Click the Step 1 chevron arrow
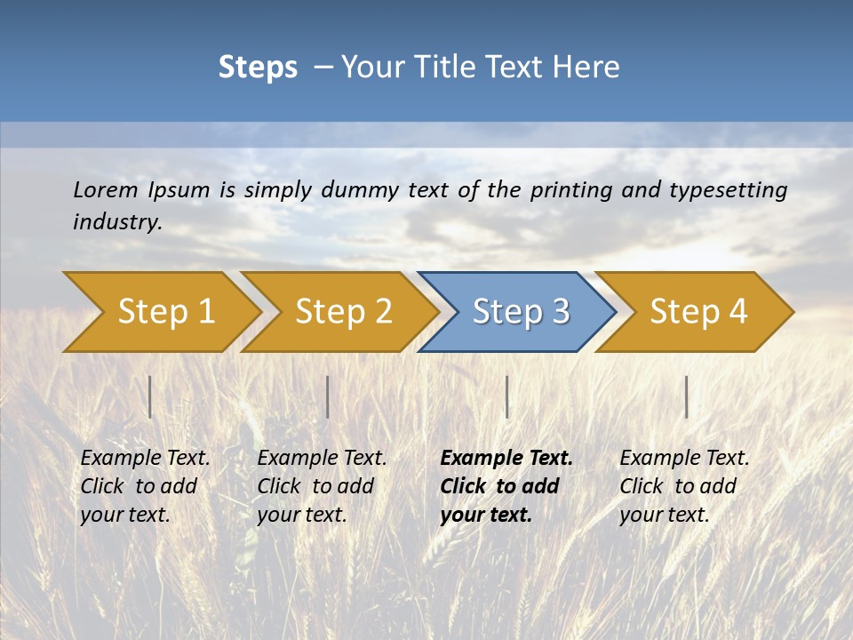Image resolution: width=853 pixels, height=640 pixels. click(164, 311)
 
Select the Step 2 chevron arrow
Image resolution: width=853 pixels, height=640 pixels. click(342, 311)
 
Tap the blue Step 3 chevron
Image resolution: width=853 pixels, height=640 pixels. click(520, 311)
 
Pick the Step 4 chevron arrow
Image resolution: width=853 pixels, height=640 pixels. click(698, 311)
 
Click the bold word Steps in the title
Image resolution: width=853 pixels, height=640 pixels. click(258, 67)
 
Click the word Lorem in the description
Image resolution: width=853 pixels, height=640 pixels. click(106, 189)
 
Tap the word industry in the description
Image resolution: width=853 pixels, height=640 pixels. click(117, 221)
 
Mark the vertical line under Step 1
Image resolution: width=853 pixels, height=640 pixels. click(150, 396)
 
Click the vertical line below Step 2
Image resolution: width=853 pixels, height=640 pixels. click(328, 396)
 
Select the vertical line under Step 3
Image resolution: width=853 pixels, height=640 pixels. click(506, 396)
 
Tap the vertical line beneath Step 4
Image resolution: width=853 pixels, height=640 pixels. click(686, 396)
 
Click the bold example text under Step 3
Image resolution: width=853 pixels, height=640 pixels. click(506, 486)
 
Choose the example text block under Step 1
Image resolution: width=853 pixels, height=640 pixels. click(145, 486)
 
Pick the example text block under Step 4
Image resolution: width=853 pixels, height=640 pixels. click(683, 486)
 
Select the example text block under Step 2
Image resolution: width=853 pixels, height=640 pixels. click(322, 486)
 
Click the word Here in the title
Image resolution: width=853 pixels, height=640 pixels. click(586, 67)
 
